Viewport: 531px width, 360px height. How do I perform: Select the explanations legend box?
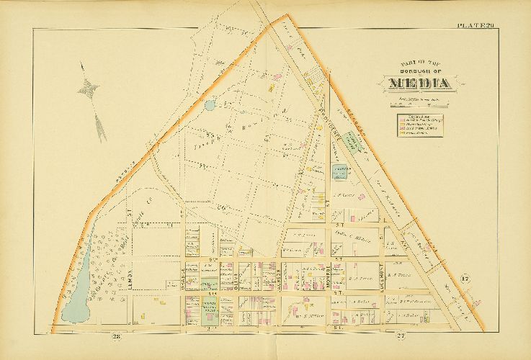(x=421, y=124)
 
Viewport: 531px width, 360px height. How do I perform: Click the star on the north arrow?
(x=89, y=88)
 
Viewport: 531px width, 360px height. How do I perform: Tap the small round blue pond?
(x=210, y=105)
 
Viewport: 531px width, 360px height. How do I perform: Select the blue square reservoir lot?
(x=339, y=171)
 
